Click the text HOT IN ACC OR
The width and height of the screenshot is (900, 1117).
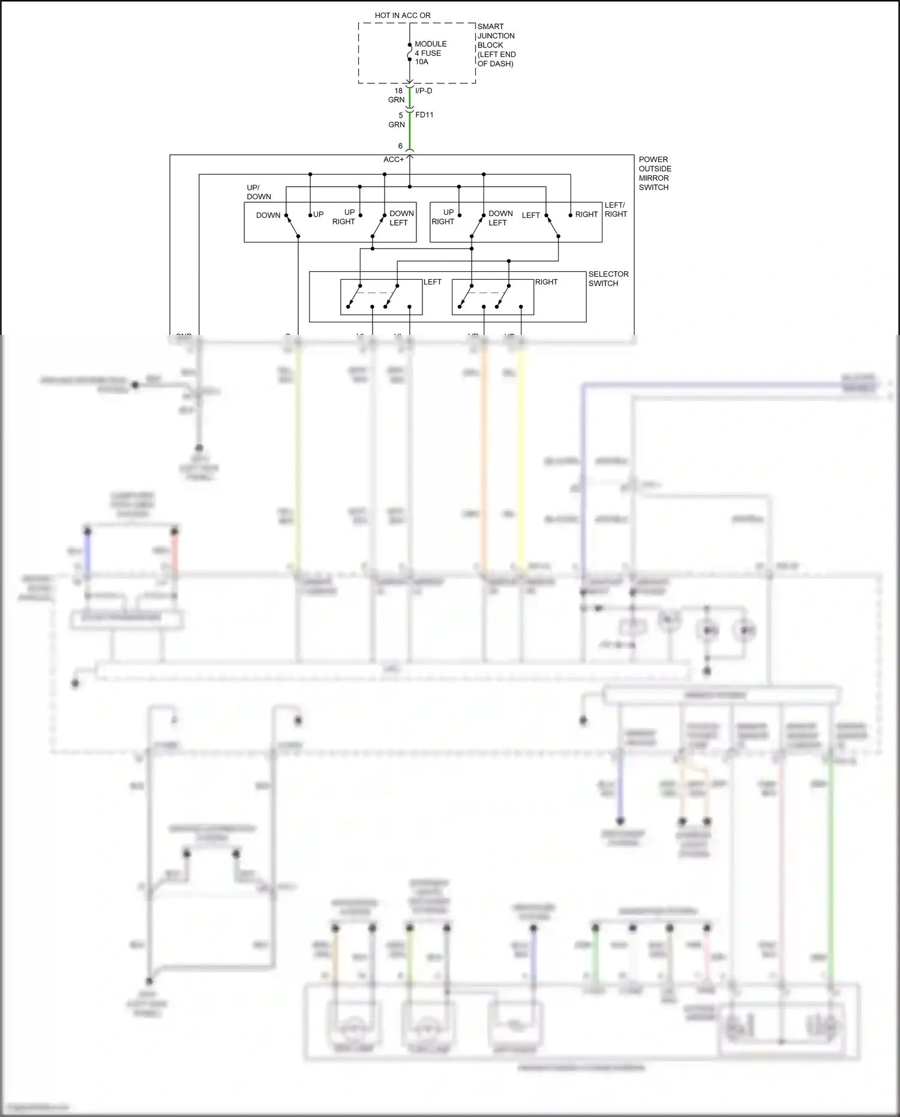(403, 15)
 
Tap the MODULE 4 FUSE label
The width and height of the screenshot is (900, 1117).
(430, 49)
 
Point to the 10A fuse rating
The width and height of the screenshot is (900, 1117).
(421, 62)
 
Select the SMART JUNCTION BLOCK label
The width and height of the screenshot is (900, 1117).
(496, 36)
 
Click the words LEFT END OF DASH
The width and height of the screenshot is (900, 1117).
(496, 59)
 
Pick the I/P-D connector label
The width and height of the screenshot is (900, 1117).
(424, 91)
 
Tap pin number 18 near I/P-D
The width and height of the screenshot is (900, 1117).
(398, 91)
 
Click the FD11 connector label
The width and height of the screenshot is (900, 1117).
(424, 115)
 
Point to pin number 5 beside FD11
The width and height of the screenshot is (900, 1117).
(401, 115)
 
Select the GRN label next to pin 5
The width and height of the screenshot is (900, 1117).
(397, 125)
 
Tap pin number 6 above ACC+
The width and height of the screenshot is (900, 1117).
(400, 146)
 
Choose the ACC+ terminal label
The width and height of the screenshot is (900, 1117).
(394, 160)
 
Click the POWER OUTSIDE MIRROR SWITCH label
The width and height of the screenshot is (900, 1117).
(655, 173)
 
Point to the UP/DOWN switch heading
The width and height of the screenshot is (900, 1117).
(259, 192)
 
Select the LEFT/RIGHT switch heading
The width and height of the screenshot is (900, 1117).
(616, 209)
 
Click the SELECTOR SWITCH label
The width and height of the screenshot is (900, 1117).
(608, 278)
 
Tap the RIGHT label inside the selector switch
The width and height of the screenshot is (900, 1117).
(546, 282)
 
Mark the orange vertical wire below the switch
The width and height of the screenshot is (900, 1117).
(484, 456)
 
